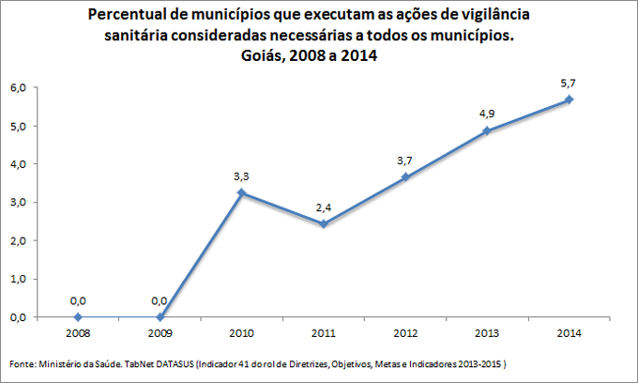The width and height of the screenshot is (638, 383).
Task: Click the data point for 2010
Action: coord(242,192)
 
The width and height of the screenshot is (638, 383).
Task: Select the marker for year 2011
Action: coord(324,224)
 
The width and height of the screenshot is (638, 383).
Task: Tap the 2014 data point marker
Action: coord(569,100)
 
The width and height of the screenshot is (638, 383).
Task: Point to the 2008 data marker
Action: coord(78,317)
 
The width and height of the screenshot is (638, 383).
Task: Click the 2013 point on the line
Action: coord(487,130)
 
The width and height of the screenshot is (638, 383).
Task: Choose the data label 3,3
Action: coord(242,175)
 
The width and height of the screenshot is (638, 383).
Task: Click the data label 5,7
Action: coord(569,83)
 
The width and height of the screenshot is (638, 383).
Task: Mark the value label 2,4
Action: coord(324,207)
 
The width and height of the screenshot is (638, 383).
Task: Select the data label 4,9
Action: coord(487,114)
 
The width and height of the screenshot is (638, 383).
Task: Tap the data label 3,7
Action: coord(405,160)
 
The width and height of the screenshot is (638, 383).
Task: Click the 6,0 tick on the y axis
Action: coord(17,88)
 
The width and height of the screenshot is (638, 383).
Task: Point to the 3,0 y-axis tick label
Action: coord(17,203)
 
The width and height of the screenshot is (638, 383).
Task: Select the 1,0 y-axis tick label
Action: coord(17,280)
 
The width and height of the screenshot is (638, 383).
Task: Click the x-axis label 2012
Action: coord(405,333)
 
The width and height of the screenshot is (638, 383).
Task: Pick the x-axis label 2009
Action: coord(159,333)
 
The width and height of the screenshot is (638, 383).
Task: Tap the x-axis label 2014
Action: coord(569,333)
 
